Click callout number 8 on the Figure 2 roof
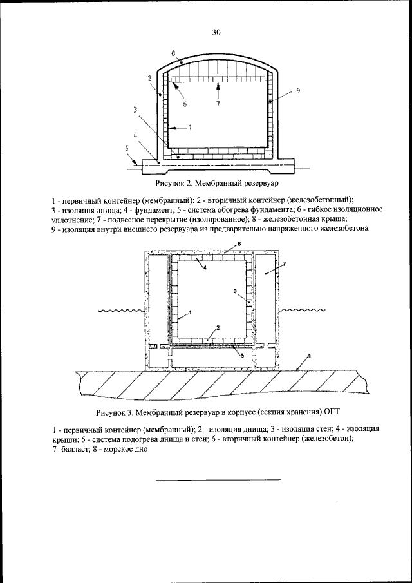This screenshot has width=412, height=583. coord(174,52)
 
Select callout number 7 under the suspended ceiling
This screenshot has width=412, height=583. coord(218,103)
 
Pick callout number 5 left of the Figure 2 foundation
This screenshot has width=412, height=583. coord(126,148)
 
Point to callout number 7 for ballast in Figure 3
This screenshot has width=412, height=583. coord(285,265)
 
